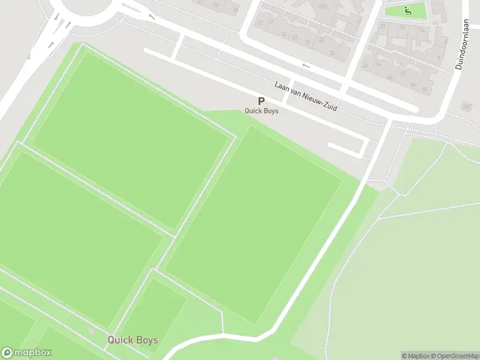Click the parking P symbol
[261, 101]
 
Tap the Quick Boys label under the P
[261, 110]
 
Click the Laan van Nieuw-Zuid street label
[306, 96]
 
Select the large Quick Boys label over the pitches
[133, 340]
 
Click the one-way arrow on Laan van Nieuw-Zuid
[305, 65]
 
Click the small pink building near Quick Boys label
[91, 331]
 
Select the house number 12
[260, 22]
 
